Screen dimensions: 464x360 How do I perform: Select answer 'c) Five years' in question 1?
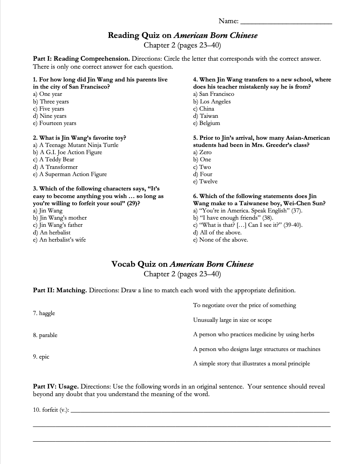coord(49,109)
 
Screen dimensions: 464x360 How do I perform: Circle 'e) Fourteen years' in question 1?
coord(55,123)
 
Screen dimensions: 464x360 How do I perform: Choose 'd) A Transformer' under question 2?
coord(55,167)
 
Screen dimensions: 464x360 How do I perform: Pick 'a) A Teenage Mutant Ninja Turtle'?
coord(76,145)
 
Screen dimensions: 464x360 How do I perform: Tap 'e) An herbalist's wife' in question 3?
coord(59,240)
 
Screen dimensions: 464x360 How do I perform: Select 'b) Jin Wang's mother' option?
coord(60,218)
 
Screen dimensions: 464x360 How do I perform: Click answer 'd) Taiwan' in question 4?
coord(206,116)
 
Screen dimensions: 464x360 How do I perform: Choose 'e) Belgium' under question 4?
coord(206,123)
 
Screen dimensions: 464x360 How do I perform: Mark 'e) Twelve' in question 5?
coord(205,182)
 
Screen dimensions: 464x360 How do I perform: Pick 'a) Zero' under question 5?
coord(202,153)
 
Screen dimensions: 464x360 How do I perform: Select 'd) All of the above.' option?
coord(217,232)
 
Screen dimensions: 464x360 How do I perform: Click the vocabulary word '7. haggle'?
coord(44,313)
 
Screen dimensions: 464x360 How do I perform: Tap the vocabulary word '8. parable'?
coord(45,335)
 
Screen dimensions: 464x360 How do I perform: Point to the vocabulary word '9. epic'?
coord(41,357)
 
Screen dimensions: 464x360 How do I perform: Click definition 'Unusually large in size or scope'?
coord(232,320)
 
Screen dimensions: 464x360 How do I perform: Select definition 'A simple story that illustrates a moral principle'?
coord(251,364)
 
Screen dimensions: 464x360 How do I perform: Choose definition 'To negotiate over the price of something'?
coord(244,305)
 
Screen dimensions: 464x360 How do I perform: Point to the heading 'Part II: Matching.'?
coord(60,290)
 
